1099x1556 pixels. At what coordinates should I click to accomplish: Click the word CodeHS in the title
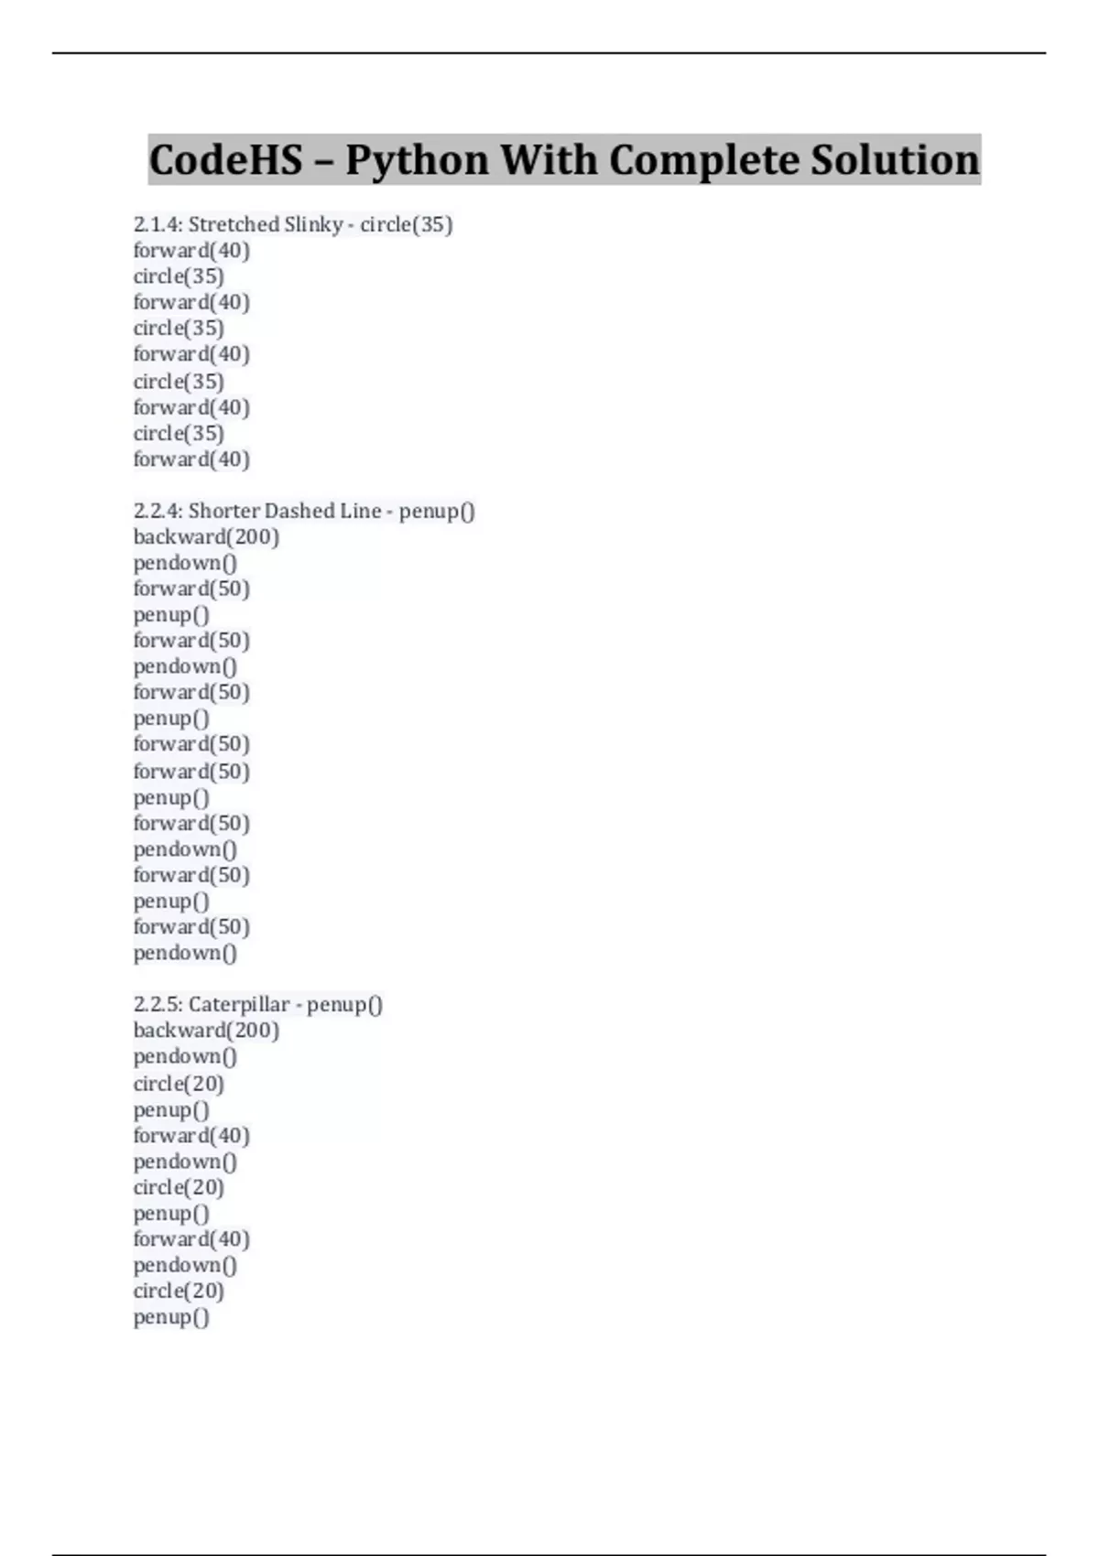(x=225, y=160)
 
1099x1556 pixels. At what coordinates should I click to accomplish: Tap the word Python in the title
(x=416, y=160)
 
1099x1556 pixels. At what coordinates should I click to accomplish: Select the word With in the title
(x=548, y=160)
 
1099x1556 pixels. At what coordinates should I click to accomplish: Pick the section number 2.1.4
(x=158, y=224)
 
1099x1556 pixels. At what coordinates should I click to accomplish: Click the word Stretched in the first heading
(x=234, y=224)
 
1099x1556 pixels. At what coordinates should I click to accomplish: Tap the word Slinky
(x=313, y=224)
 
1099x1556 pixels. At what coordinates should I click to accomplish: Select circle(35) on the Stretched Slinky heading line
(x=407, y=224)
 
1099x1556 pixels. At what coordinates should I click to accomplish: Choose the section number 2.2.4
(x=158, y=511)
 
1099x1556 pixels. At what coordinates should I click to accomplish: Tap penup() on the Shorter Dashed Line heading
(x=437, y=511)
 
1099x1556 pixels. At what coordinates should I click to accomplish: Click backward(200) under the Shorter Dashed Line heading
(x=206, y=537)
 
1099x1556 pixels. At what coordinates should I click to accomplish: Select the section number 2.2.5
(x=158, y=1004)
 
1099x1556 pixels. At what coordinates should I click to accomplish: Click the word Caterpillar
(x=238, y=1004)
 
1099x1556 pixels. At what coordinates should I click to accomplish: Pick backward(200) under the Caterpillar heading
(x=206, y=1031)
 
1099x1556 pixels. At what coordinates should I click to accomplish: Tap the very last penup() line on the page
(x=171, y=1317)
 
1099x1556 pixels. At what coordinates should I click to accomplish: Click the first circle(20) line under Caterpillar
(x=179, y=1084)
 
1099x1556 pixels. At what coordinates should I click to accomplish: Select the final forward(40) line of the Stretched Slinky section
(x=191, y=459)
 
